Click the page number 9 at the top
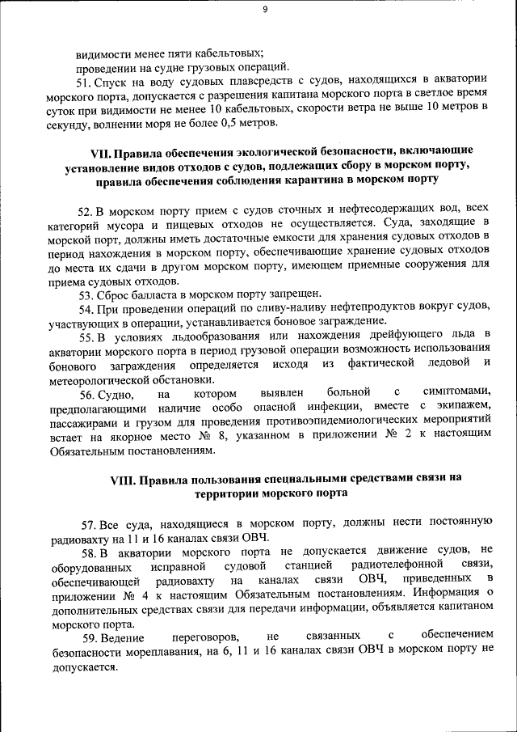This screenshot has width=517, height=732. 265,9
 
